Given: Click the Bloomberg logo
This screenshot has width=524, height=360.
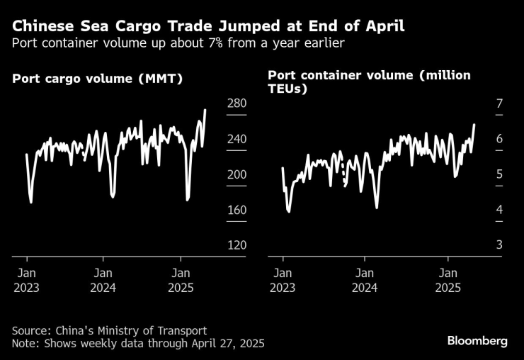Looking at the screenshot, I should [x=477, y=341].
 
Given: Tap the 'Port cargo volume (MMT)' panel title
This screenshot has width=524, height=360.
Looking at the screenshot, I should [x=98, y=79].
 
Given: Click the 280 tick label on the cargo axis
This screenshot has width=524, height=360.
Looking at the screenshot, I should [x=236, y=104].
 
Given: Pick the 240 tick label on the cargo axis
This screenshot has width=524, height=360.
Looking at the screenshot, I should [x=236, y=140].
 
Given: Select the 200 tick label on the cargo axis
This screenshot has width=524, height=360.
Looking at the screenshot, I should [x=236, y=175].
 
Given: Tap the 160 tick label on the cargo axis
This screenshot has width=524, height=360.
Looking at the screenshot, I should [x=236, y=210].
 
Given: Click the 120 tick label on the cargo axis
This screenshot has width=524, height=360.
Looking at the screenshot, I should [x=236, y=245].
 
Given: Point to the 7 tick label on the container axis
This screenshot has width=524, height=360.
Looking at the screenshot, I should [x=499, y=104].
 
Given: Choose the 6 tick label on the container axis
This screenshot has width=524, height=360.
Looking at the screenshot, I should [x=499, y=140].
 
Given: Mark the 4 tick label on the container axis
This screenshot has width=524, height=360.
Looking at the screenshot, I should [x=499, y=210].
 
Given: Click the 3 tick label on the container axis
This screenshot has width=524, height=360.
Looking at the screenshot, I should [x=499, y=245].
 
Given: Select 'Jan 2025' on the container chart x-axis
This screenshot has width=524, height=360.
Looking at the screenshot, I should [x=448, y=281].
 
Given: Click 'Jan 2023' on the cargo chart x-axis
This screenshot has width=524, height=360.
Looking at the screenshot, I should [x=25, y=281].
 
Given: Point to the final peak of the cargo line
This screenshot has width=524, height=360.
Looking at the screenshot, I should [x=205, y=110].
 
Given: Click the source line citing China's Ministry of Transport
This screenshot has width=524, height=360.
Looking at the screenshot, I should [x=110, y=330].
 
